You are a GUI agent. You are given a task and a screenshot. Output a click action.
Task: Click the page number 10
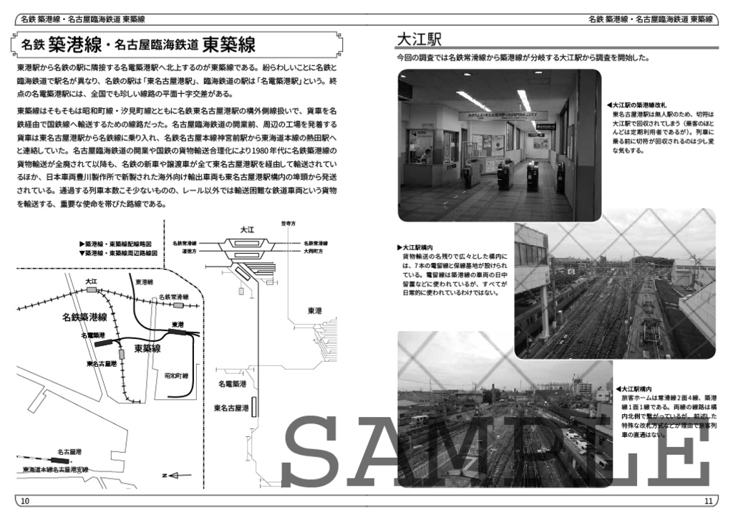25,500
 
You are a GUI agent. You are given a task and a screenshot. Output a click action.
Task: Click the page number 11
708,500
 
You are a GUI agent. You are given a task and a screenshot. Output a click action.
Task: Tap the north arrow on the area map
178,474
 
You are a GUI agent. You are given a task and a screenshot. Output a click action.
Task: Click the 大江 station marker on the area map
91,290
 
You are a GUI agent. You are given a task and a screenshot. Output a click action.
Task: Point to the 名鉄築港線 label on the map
84,316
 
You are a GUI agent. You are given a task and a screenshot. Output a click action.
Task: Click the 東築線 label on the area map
147,349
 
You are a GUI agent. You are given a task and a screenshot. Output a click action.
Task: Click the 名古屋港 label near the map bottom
69,451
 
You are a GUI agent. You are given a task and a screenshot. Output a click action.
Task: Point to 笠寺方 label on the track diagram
288,224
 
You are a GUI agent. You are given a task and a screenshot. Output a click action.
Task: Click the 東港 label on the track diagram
314,310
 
